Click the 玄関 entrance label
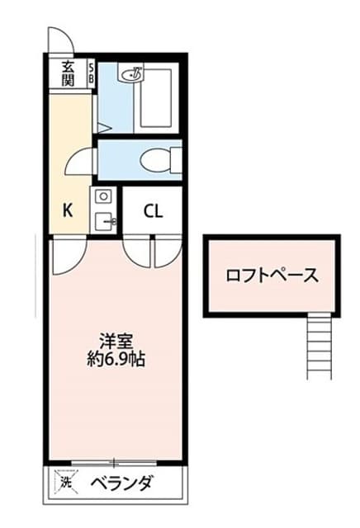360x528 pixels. [68, 74]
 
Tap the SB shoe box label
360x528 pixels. [91, 74]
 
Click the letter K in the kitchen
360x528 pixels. [68, 210]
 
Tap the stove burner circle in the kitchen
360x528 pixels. [103, 196]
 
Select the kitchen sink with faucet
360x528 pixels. [105, 221]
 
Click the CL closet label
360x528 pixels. [153, 211]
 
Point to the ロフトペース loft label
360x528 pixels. [272, 276]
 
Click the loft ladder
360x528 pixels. [320, 348]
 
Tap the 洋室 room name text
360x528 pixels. [116, 342]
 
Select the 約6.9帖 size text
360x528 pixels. [116, 360]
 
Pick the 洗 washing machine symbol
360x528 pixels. [66, 482]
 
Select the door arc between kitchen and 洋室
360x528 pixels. [78, 262]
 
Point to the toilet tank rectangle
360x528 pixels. [177, 161]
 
